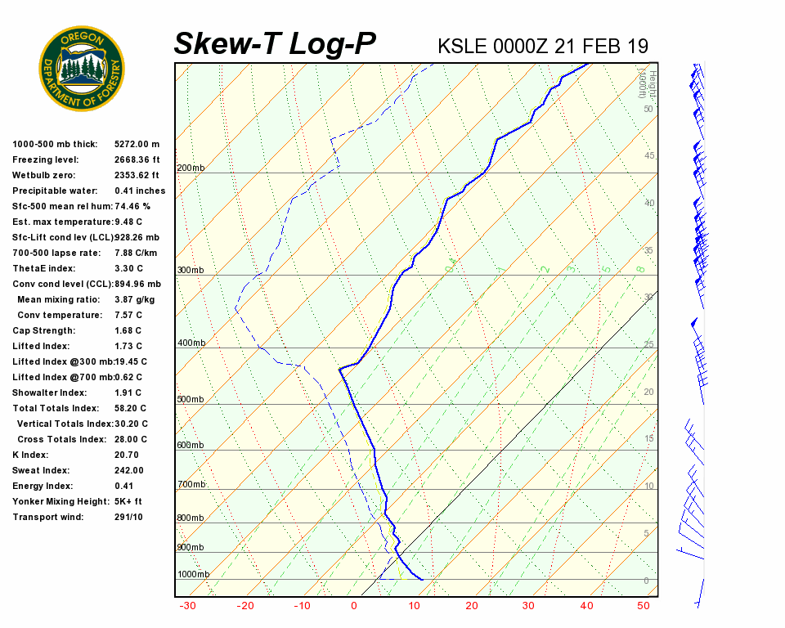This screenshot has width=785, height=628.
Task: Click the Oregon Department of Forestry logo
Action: click(82, 69)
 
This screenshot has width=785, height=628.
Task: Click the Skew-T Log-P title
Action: click(275, 44)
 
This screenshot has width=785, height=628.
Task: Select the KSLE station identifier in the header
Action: click(462, 46)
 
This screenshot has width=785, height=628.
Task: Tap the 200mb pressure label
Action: click(191, 168)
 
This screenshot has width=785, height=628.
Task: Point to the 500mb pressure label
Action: click(191, 400)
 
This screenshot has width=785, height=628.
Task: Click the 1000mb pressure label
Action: click(193, 575)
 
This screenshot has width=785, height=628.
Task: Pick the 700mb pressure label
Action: click(191, 485)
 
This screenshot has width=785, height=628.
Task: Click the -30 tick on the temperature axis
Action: click(187, 606)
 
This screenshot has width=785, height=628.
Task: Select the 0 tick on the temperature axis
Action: click(354, 606)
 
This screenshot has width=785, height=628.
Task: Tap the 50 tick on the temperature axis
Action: click(644, 606)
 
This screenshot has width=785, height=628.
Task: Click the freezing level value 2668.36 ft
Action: click(137, 159)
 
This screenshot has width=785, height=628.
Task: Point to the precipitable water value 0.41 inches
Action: click(140, 191)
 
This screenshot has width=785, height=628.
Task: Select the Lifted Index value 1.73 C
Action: click(128, 346)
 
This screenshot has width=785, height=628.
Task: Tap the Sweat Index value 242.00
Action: click(129, 470)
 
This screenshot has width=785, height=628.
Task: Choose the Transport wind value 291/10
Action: click(128, 517)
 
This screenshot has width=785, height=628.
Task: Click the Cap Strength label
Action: click(43, 330)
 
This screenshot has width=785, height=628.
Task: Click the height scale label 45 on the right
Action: click(649, 155)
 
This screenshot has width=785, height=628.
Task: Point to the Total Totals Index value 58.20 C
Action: click(131, 408)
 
